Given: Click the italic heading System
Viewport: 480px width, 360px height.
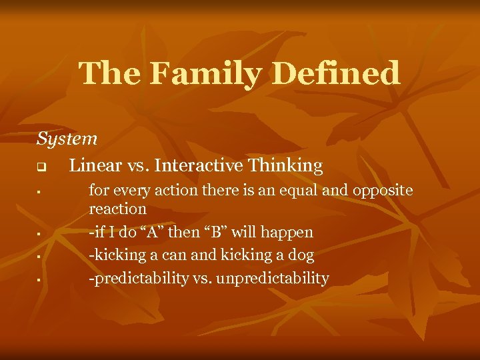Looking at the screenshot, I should pyautogui.click(x=67, y=139).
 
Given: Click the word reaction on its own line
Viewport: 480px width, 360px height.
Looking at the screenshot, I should pyautogui.click(x=118, y=209).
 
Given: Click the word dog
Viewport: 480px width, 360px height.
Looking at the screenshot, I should pyautogui.click(x=301, y=255).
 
